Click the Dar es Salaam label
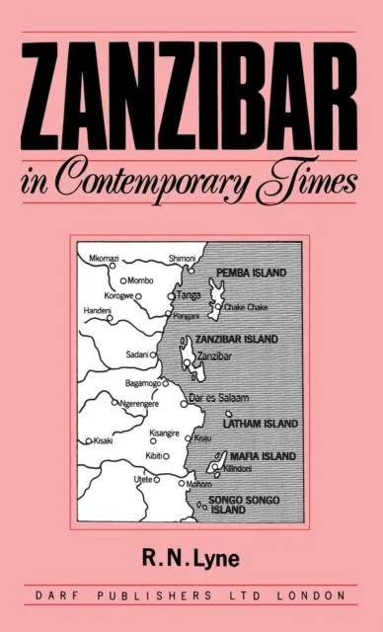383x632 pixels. coord(220,398)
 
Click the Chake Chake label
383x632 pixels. coord(246,306)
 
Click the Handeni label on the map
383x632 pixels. coord(92,310)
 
